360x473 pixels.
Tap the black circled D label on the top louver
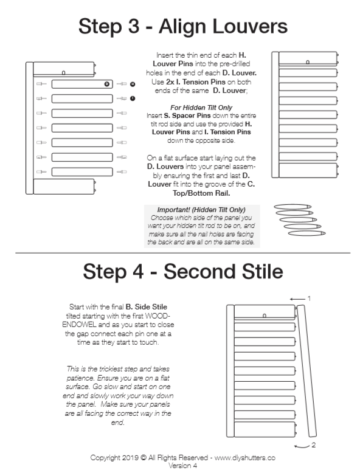point(107,83)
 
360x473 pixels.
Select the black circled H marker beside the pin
point(133,83)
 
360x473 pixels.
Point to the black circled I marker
point(133,98)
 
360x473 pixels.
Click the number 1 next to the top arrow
point(309,299)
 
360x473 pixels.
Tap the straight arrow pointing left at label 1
point(296,299)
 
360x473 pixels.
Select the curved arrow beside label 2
point(301,446)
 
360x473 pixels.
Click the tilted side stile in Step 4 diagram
point(308,371)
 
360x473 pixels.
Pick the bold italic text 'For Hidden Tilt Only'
point(180,107)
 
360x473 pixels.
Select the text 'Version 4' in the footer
point(179,466)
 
